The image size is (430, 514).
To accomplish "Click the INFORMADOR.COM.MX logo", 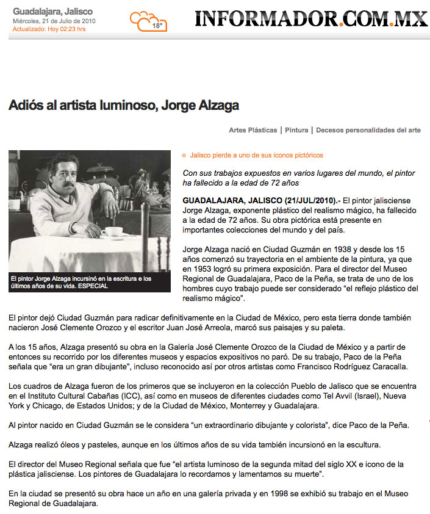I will tap(311, 19).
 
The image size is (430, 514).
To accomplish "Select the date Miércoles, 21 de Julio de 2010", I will tap(54, 21).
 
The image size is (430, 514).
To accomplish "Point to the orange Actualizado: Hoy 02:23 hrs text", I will tap(49, 29).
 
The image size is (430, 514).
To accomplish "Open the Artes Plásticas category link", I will tap(253, 130).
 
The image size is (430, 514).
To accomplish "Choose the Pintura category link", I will tap(296, 130).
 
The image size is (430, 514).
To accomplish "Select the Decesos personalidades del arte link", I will tap(368, 130).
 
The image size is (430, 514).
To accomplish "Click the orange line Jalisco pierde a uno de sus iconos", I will tap(256, 156).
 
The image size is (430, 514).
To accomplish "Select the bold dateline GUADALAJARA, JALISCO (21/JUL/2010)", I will tap(261, 200).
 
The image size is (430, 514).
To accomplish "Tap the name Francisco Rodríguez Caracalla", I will tap(356, 367).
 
